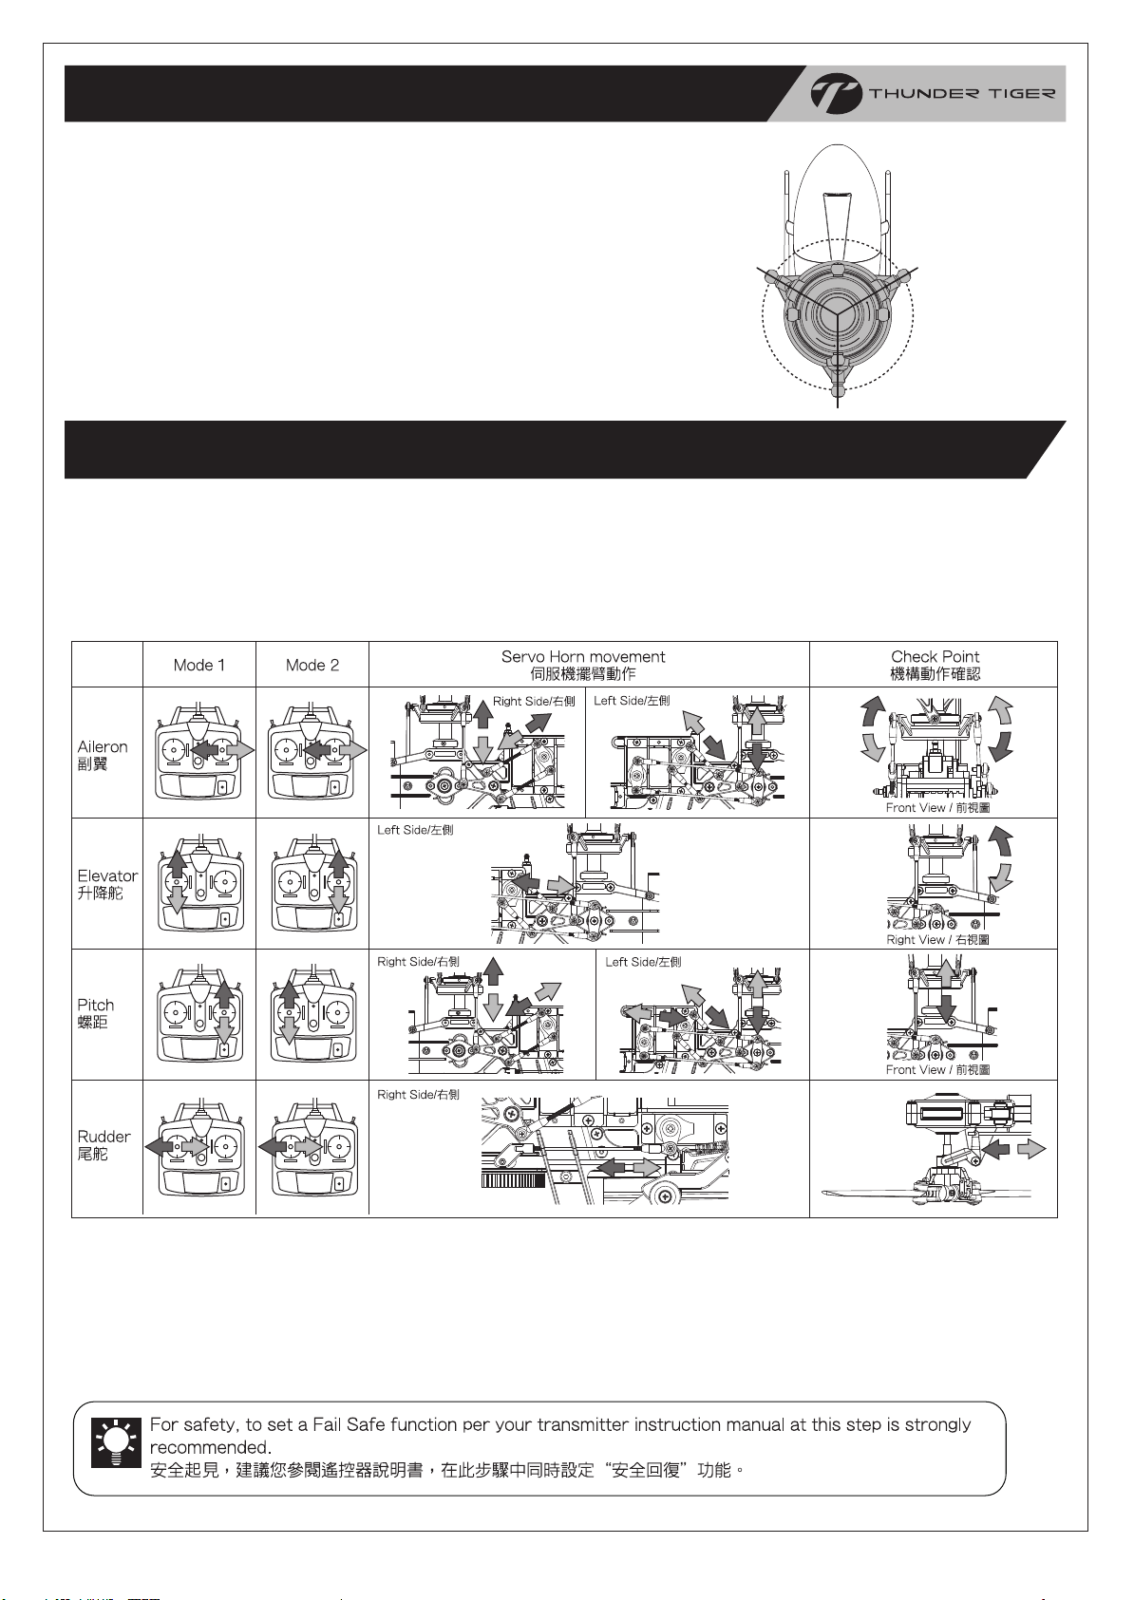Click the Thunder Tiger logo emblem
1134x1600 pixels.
(836, 94)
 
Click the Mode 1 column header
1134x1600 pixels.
(199, 665)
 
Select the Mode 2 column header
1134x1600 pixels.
(312, 665)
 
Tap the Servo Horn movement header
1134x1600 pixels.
(583, 665)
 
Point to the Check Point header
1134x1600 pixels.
(935, 665)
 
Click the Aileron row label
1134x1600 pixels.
(103, 755)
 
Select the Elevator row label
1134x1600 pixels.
(107, 884)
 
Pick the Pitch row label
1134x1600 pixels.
(96, 1013)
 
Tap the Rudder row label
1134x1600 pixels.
(104, 1144)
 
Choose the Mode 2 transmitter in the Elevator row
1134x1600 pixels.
(312, 884)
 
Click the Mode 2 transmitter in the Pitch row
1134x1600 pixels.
(312, 1014)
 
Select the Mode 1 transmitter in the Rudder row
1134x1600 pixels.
(199, 1146)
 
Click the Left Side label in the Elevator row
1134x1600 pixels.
(415, 830)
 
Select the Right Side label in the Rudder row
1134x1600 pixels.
(418, 1095)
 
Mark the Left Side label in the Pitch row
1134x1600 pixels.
(643, 962)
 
